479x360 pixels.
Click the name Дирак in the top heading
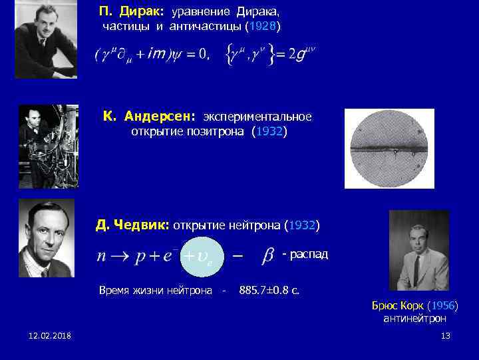[147, 12]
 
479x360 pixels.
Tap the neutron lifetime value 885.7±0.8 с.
[269, 290]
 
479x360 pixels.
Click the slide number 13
[445, 335]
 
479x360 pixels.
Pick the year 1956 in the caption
[440, 306]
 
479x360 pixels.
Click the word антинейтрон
[414, 319]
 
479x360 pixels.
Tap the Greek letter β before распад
[269, 255]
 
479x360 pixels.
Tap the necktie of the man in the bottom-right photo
[416, 269]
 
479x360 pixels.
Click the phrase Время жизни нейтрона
[155, 290]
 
